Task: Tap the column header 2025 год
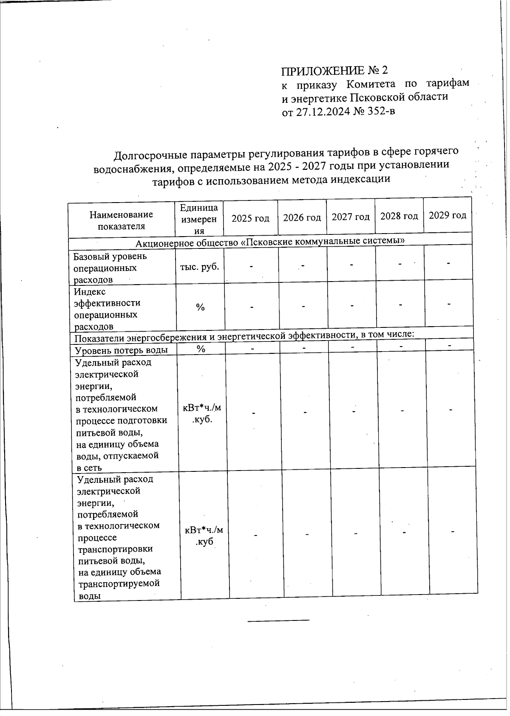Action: pyautogui.click(x=250, y=218)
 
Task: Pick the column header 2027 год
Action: pyautogui.click(x=351, y=217)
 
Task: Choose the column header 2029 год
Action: pyautogui.click(x=448, y=215)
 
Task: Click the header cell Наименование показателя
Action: pyautogui.click(x=121, y=220)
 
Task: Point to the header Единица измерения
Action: pyautogui.click(x=199, y=219)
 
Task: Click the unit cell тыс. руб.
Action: pyautogui.click(x=200, y=267)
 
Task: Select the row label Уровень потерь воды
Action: pyautogui.click(x=121, y=350)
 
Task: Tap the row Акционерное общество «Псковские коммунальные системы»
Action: pyautogui.click(x=269, y=242)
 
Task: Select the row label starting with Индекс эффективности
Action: pyautogui.click(x=107, y=309)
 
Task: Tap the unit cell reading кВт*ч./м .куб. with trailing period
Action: pyautogui.click(x=202, y=413)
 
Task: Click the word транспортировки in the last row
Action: pyautogui.click(x=115, y=549)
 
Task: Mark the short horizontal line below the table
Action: pyautogui.click(x=278, y=621)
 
